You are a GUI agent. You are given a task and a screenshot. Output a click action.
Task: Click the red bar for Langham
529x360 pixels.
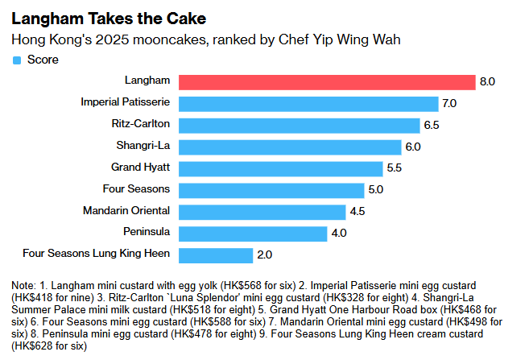pos(326,81)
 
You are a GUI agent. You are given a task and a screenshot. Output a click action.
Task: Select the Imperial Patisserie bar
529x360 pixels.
pos(308,103)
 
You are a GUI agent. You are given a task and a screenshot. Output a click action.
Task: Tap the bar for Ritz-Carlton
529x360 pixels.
pos(299,125)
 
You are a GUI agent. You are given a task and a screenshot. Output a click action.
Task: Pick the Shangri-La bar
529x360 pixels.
pos(289,147)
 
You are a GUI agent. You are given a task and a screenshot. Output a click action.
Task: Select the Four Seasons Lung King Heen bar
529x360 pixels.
pos(215,255)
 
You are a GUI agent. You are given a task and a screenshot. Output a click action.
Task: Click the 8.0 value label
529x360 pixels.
pos(486,81)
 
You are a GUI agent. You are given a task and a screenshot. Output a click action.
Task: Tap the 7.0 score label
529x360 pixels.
pos(449,103)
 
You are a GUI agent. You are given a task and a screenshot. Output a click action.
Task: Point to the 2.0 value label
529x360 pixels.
pos(264,255)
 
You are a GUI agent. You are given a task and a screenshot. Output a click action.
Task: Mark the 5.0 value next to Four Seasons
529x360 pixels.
pos(375,190)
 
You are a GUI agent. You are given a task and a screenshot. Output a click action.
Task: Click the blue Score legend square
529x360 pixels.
pos(16,60)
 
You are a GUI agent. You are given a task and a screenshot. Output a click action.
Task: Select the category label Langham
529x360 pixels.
pos(147,81)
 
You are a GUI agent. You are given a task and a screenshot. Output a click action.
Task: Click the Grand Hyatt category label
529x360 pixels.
pos(140,168)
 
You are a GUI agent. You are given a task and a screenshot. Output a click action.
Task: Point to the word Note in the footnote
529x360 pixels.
pos(24,286)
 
